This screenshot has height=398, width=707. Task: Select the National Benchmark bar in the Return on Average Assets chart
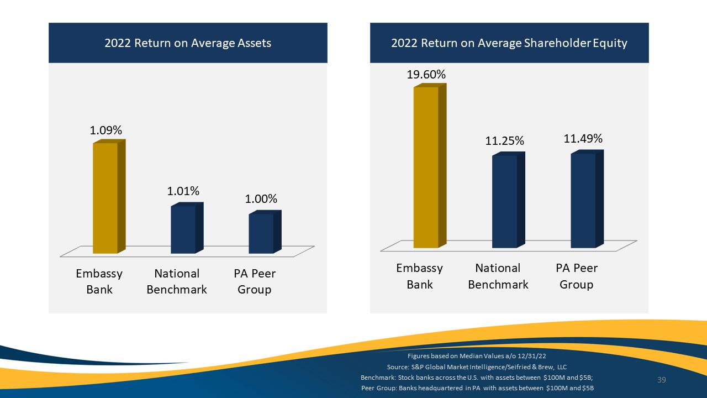pyautogui.click(x=187, y=228)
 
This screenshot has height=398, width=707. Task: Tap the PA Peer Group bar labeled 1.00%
pyautogui.click(x=265, y=232)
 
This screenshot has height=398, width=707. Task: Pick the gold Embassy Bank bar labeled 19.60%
pyautogui.click(x=430, y=166)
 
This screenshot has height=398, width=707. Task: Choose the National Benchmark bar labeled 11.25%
pyautogui.click(x=509, y=200)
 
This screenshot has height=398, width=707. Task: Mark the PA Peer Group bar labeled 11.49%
pyautogui.click(x=587, y=199)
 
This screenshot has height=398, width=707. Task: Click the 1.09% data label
pyautogui.click(x=106, y=130)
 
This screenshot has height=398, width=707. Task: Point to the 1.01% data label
pyautogui.click(x=183, y=191)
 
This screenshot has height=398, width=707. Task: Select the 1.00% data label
pyautogui.click(x=261, y=199)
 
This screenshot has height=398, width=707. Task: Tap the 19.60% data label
pyautogui.click(x=426, y=75)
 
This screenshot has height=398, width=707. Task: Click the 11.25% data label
pyautogui.click(x=504, y=140)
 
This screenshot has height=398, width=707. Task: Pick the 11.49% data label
pyautogui.click(x=583, y=139)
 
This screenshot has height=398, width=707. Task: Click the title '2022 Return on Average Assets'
pyautogui.click(x=188, y=43)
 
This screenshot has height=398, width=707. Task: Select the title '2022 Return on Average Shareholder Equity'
pyautogui.click(x=509, y=43)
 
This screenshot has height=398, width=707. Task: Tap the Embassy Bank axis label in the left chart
pyautogui.click(x=99, y=281)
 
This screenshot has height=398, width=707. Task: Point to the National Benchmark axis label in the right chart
pyautogui.click(x=498, y=276)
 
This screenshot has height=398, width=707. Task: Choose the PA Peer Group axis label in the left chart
pyautogui.click(x=255, y=281)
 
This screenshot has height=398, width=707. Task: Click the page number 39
pyautogui.click(x=662, y=380)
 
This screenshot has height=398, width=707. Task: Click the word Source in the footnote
pyautogui.click(x=398, y=367)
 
